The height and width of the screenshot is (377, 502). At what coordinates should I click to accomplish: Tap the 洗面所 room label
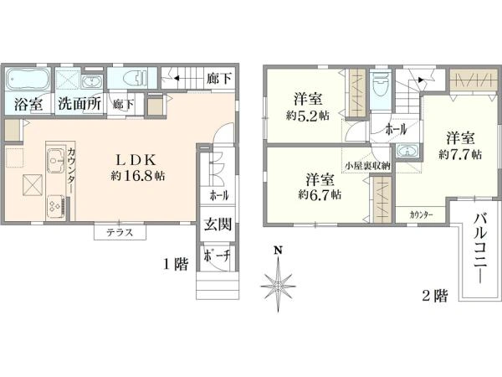(x=79, y=105)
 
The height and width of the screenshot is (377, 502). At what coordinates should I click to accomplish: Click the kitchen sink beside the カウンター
(x=54, y=157)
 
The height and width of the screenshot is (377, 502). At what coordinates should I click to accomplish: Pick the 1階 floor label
(x=176, y=263)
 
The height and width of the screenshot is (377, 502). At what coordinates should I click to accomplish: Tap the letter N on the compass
(x=279, y=250)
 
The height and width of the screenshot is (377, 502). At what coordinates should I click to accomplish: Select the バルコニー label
(x=480, y=242)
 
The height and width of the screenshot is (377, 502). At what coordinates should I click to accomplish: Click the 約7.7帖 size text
(x=460, y=155)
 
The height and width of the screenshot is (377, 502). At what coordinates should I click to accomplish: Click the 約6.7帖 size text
(x=320, y=194)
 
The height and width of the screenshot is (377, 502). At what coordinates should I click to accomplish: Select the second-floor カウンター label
(x=422, y=215)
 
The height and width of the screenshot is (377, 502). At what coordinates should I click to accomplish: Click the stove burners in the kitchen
(x=54, y=204)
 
